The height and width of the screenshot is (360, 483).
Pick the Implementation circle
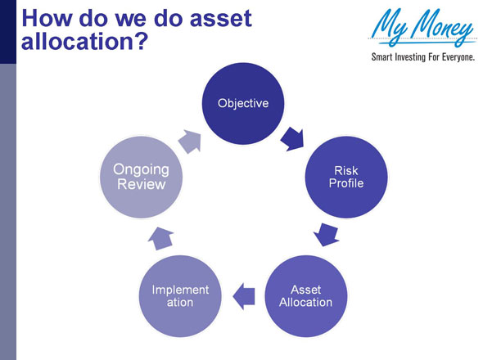point(180,295)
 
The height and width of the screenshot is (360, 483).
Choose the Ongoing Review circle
point(142,177)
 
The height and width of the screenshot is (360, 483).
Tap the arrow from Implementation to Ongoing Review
point(160,237)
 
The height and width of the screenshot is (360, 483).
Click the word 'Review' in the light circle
point(141,185)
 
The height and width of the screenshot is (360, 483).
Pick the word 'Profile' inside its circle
point(345,183)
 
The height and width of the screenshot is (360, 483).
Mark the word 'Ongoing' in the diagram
point(141,169)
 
